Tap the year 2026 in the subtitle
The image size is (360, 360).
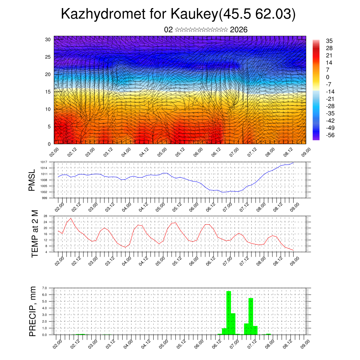(x=239, y=30)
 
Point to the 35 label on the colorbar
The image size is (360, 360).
(x=329, y=41)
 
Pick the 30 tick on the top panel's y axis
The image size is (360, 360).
(x=48, y=39)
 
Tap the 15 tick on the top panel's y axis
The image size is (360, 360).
(x=48, y=92)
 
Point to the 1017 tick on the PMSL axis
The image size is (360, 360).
(x=44, y=162)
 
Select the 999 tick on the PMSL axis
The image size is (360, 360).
(x=45, y=198)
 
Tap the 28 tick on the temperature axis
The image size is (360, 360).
(x=45, y=216)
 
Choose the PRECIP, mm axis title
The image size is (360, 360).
(x=33, y=311)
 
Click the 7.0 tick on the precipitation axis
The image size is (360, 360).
(x=44, y=288)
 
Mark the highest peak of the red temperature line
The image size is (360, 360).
(x=71, y=218)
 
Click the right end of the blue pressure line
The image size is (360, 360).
(x=294, y=162)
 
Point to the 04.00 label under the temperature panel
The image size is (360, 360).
(x=127, y=261)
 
